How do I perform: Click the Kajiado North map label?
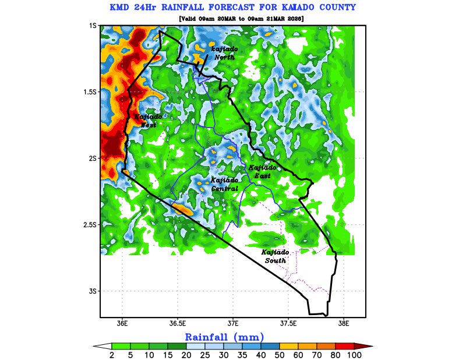[x=224, y=53]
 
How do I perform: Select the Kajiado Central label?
[x=224, y=184]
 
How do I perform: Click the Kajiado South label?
[x=275, y=256]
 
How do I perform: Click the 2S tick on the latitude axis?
[x=92, y=158]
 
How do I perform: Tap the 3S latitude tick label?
[x=92, y=291]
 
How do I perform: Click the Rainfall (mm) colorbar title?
[x=224, y=337]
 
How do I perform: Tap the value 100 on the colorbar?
[x=354, y=355]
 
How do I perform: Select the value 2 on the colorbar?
[x=111, y=355]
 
